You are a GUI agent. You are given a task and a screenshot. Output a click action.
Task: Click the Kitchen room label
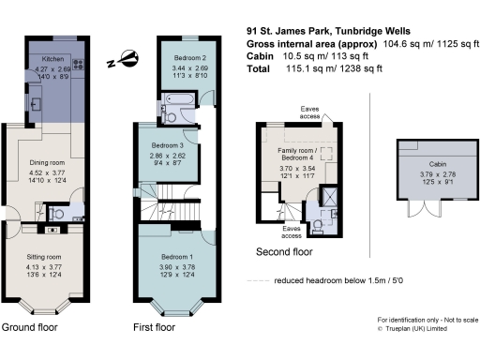pos(52,58)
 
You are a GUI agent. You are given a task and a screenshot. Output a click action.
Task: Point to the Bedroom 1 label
pos(176,257)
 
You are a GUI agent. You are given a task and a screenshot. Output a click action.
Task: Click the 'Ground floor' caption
pos(29,328)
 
